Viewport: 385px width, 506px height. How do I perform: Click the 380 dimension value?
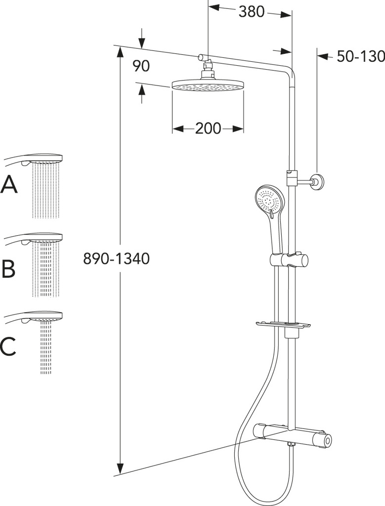(252, 12)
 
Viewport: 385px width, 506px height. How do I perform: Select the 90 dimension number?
(141, 66)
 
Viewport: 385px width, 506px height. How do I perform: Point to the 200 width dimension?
(208, 128)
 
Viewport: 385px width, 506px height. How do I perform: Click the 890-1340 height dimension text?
(117, 258)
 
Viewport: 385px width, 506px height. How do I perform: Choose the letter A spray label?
(9, 185)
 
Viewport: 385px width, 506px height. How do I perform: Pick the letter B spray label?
(8, 269)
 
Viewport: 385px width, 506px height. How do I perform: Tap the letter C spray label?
(8, 346)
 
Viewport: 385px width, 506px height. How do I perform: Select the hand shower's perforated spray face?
(268, 200)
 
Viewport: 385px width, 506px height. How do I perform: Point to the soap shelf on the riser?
(284, 325)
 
